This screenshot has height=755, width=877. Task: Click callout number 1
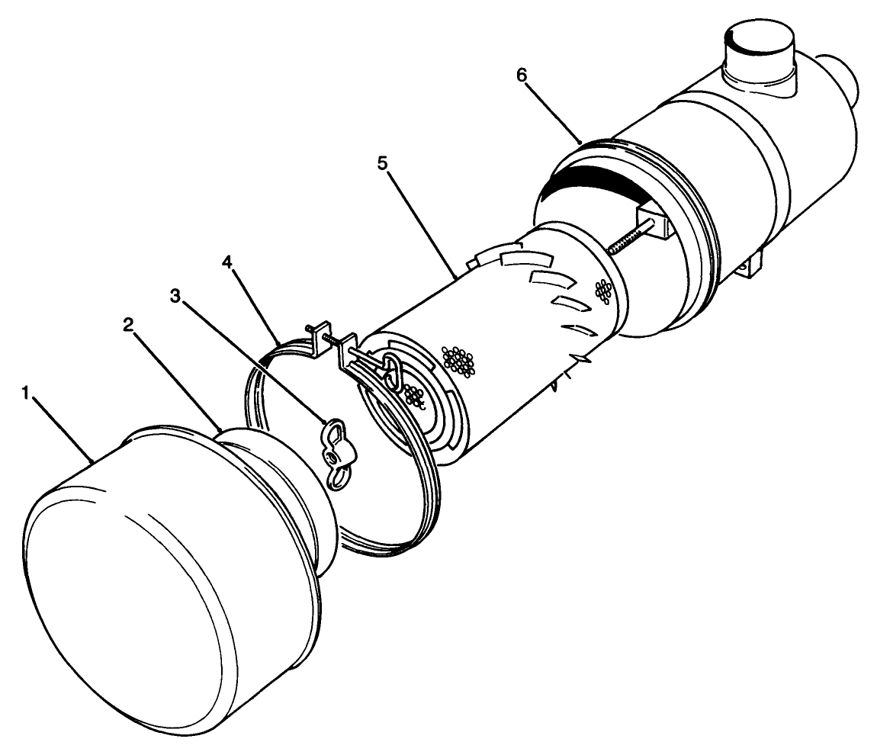point(26,393)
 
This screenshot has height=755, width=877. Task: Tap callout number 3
point(177,296)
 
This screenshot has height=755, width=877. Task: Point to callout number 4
point(227,261)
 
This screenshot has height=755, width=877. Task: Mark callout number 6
point(522,75)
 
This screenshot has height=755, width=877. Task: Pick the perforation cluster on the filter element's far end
point(604,289)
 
